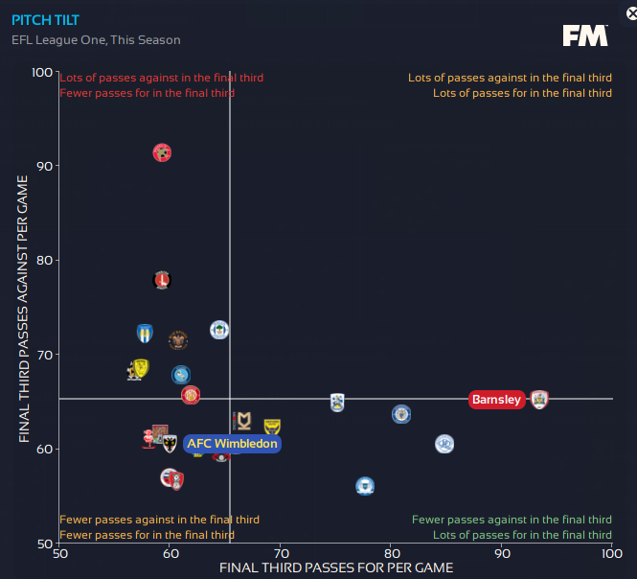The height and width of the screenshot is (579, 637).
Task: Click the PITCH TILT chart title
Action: pyautogui.click(x=45, y=19)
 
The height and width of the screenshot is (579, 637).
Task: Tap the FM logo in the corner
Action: pyautogui.click(x=584, y=35)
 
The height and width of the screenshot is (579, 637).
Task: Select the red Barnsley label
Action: pyautogui.click(x=497, y=400)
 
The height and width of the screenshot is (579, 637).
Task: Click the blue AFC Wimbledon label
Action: pyautogui.click(x=232, y=444)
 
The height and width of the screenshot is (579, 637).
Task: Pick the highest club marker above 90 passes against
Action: pyautogui.click(x=162, y=152)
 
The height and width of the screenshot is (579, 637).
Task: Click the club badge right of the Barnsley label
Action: pyautogui.click(x=539, y=400)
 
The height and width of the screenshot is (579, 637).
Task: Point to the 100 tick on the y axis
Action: pyautogui.click(x=43, y=73)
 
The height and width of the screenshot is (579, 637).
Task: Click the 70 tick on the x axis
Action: pyautogui.click(x=281, y=554)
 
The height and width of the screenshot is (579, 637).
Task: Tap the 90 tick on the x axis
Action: pyautogui.click(x=502, y=554)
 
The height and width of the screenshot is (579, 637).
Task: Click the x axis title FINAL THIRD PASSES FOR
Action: pyautogui.click(x=335, y=568)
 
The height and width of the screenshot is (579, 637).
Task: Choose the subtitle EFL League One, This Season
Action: pyautogui.click(x=96, y=40)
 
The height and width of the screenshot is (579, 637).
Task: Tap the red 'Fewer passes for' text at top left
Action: pyautogui.click(x=147, y=93)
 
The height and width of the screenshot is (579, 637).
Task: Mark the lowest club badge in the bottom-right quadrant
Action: pyautogui.click(x=365, y=486)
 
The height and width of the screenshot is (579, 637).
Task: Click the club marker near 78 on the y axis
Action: pyautogui.click(x=162, y=280)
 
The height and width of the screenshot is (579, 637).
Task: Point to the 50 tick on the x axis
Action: pyautogui.click(x=59, y=554)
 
